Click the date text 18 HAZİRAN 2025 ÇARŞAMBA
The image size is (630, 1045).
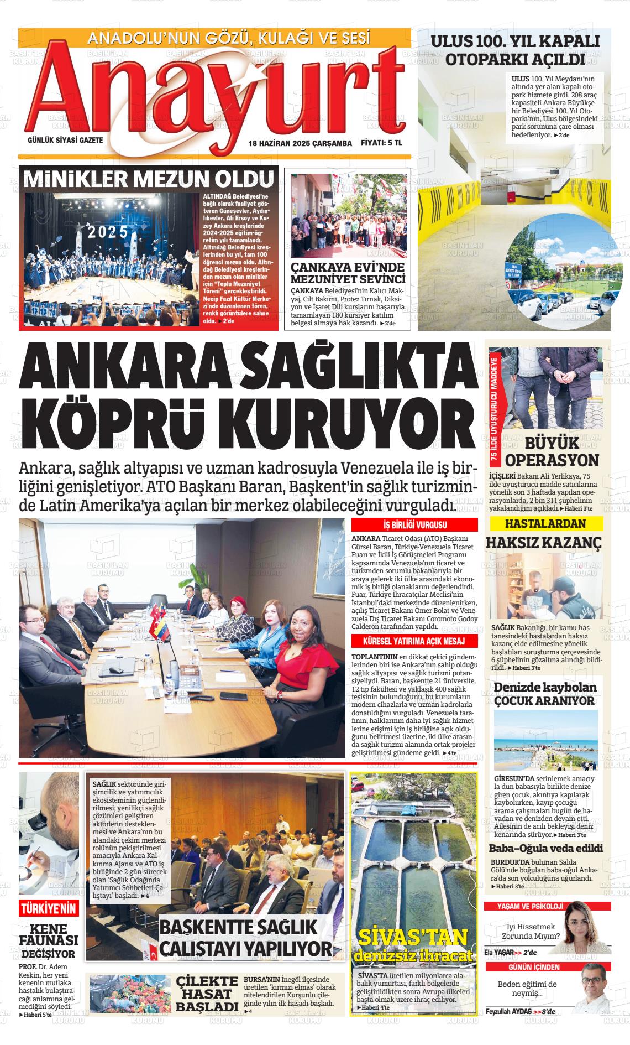tap(300, 143)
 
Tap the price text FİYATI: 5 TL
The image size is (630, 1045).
tap(381, 143)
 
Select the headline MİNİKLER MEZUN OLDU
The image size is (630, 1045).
tap(148, 179)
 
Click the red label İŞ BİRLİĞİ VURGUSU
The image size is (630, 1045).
tap(415, 525)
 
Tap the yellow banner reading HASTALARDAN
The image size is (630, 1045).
tap(545, 523)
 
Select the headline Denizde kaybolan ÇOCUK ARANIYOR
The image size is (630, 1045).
tap(545, 694)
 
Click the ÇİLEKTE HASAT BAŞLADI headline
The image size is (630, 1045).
tap(207, 994)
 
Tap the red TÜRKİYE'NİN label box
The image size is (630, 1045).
tap(49, 909)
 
